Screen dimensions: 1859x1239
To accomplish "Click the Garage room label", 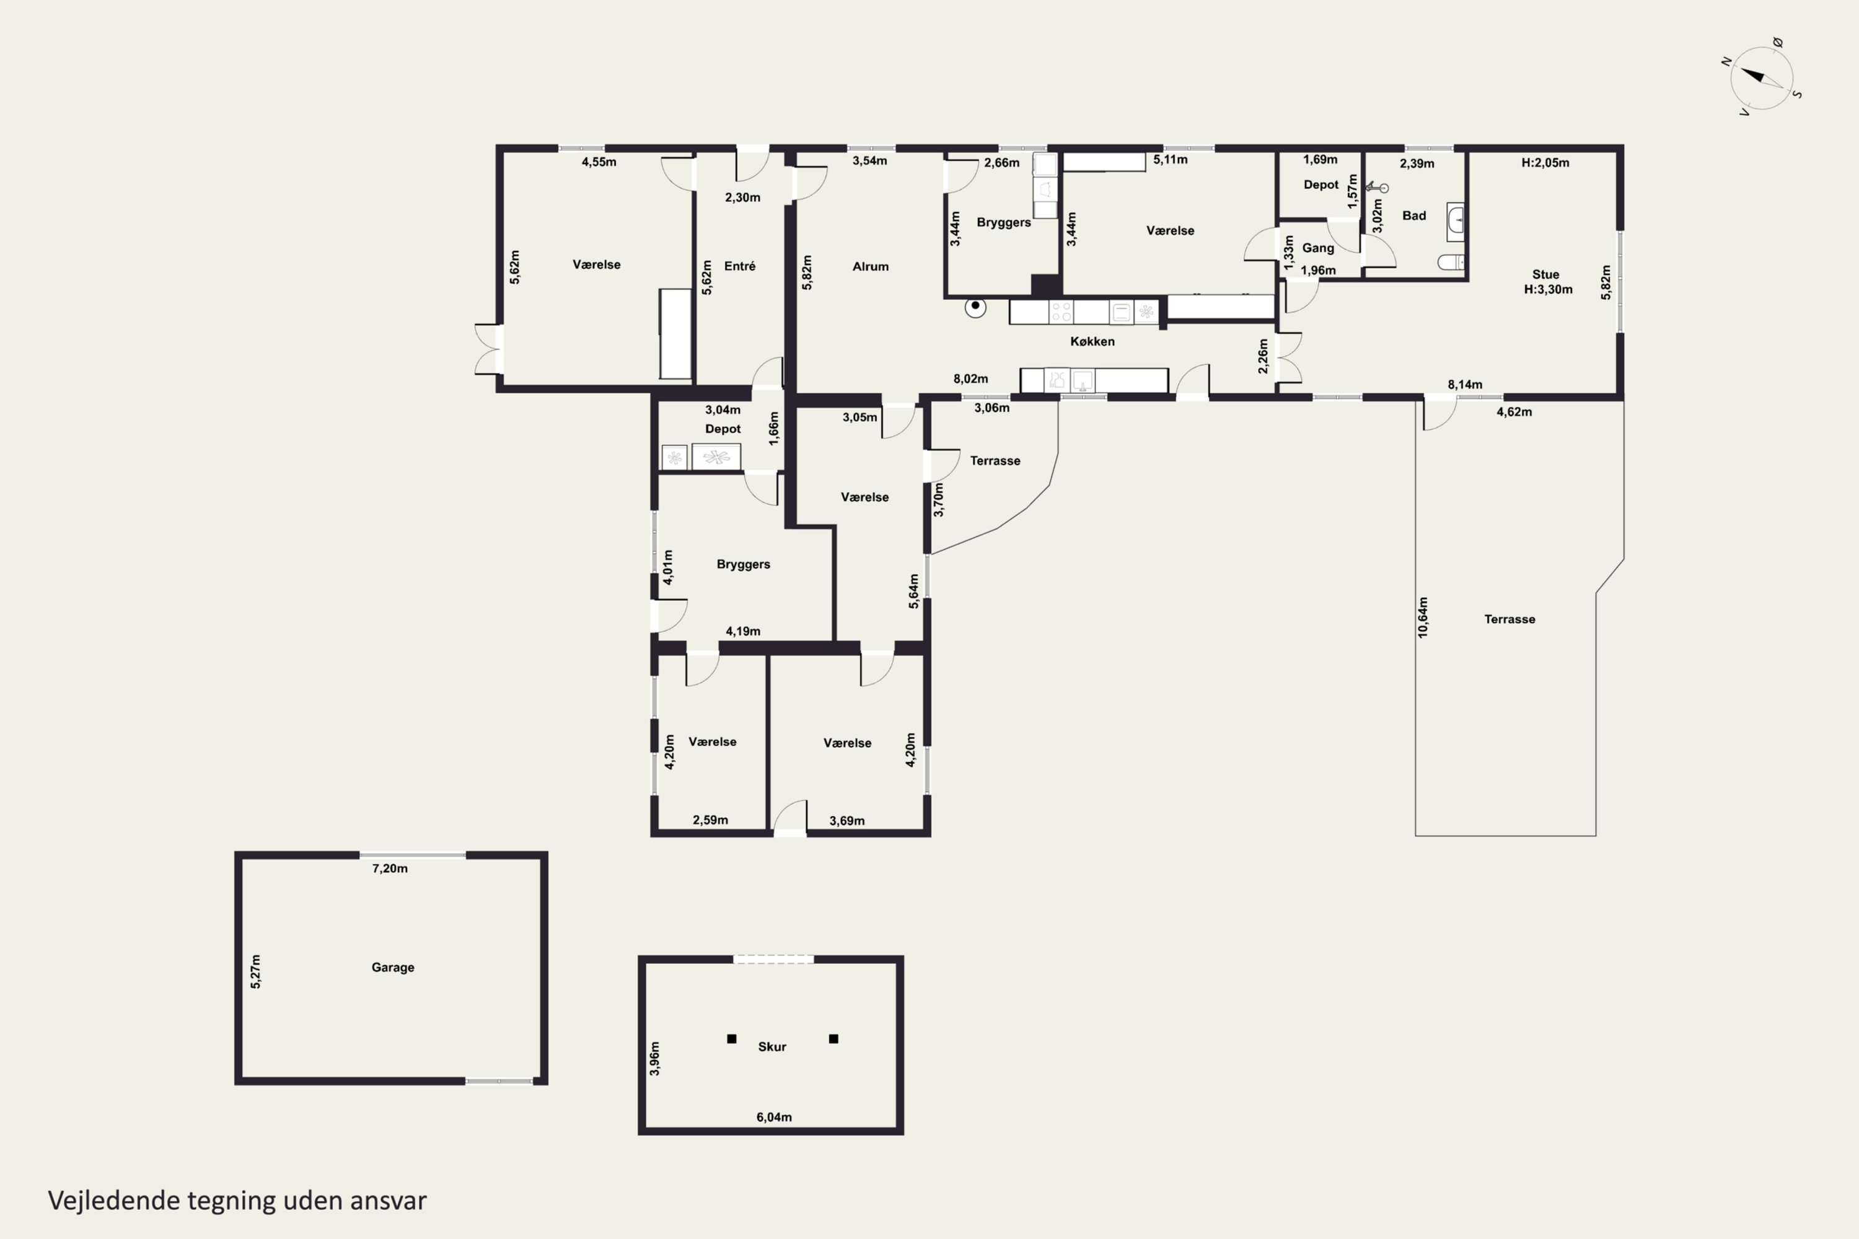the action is pos(393,967).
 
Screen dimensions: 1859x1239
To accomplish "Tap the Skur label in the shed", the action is pos(772,1047).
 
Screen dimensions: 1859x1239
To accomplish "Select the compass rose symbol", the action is pos(1762,77).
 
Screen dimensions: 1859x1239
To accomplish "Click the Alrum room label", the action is pos(870,266).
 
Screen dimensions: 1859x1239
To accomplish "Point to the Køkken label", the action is pos(1092,341).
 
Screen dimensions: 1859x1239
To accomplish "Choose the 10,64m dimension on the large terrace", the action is pos(1423,618).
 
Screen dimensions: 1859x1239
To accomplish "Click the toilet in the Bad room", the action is pos(1451,261).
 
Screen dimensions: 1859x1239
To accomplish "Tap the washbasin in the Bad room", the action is pos(1455,222).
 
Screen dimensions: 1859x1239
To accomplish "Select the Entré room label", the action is pos(740,266).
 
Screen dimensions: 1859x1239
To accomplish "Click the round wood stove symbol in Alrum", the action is pos(975,307).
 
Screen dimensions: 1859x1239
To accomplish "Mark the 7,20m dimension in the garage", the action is pos(390,869).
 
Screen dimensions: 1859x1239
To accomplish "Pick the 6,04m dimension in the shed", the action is pos(774,1118).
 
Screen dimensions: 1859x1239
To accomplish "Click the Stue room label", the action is pos(1546,275).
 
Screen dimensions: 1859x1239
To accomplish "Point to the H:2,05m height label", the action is pos(1545,163).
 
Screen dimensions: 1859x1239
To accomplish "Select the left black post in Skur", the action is pos(732,1039).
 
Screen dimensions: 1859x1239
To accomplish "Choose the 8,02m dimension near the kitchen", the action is pos(970,379).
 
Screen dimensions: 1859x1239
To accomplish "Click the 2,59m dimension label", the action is pos(711,820).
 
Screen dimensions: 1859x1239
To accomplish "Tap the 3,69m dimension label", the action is pos(846,821).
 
